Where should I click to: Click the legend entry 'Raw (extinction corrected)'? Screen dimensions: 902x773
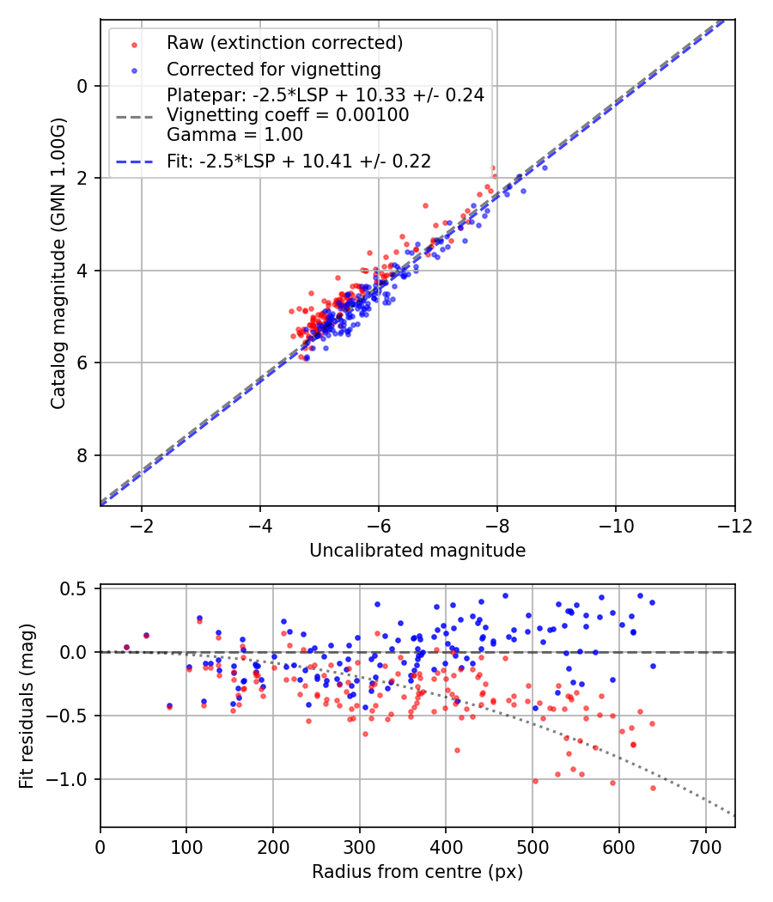tap(284, 43)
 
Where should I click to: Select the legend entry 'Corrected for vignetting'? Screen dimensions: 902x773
tap(273, 69)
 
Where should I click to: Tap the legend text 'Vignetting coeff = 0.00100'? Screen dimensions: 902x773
tap(288, 114)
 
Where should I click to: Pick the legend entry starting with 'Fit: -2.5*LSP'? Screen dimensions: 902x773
tap(299, 161)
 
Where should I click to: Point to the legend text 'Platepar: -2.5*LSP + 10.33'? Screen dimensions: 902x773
tap(326, 94)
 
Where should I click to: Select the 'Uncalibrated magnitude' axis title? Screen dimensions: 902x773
tap(417, 551)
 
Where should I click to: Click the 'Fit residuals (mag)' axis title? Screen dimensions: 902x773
tap(27, 705)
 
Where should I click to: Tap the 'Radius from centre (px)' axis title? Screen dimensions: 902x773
tap(417, 872)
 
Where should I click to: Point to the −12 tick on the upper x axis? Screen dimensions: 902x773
tap(734, 524)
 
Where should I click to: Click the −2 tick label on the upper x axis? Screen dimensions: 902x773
tap(142, 524)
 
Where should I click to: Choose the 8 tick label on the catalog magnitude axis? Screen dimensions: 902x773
tap(83, 455)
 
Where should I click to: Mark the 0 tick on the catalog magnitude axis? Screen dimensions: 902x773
tap(83, 86)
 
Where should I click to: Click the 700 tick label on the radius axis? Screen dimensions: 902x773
tap(705, 845)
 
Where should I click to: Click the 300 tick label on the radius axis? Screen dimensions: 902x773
tap(360, 845)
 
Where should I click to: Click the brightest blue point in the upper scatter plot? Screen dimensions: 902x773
tap(545, 168)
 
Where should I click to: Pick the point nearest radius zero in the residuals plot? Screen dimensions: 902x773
tap(126, 647)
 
